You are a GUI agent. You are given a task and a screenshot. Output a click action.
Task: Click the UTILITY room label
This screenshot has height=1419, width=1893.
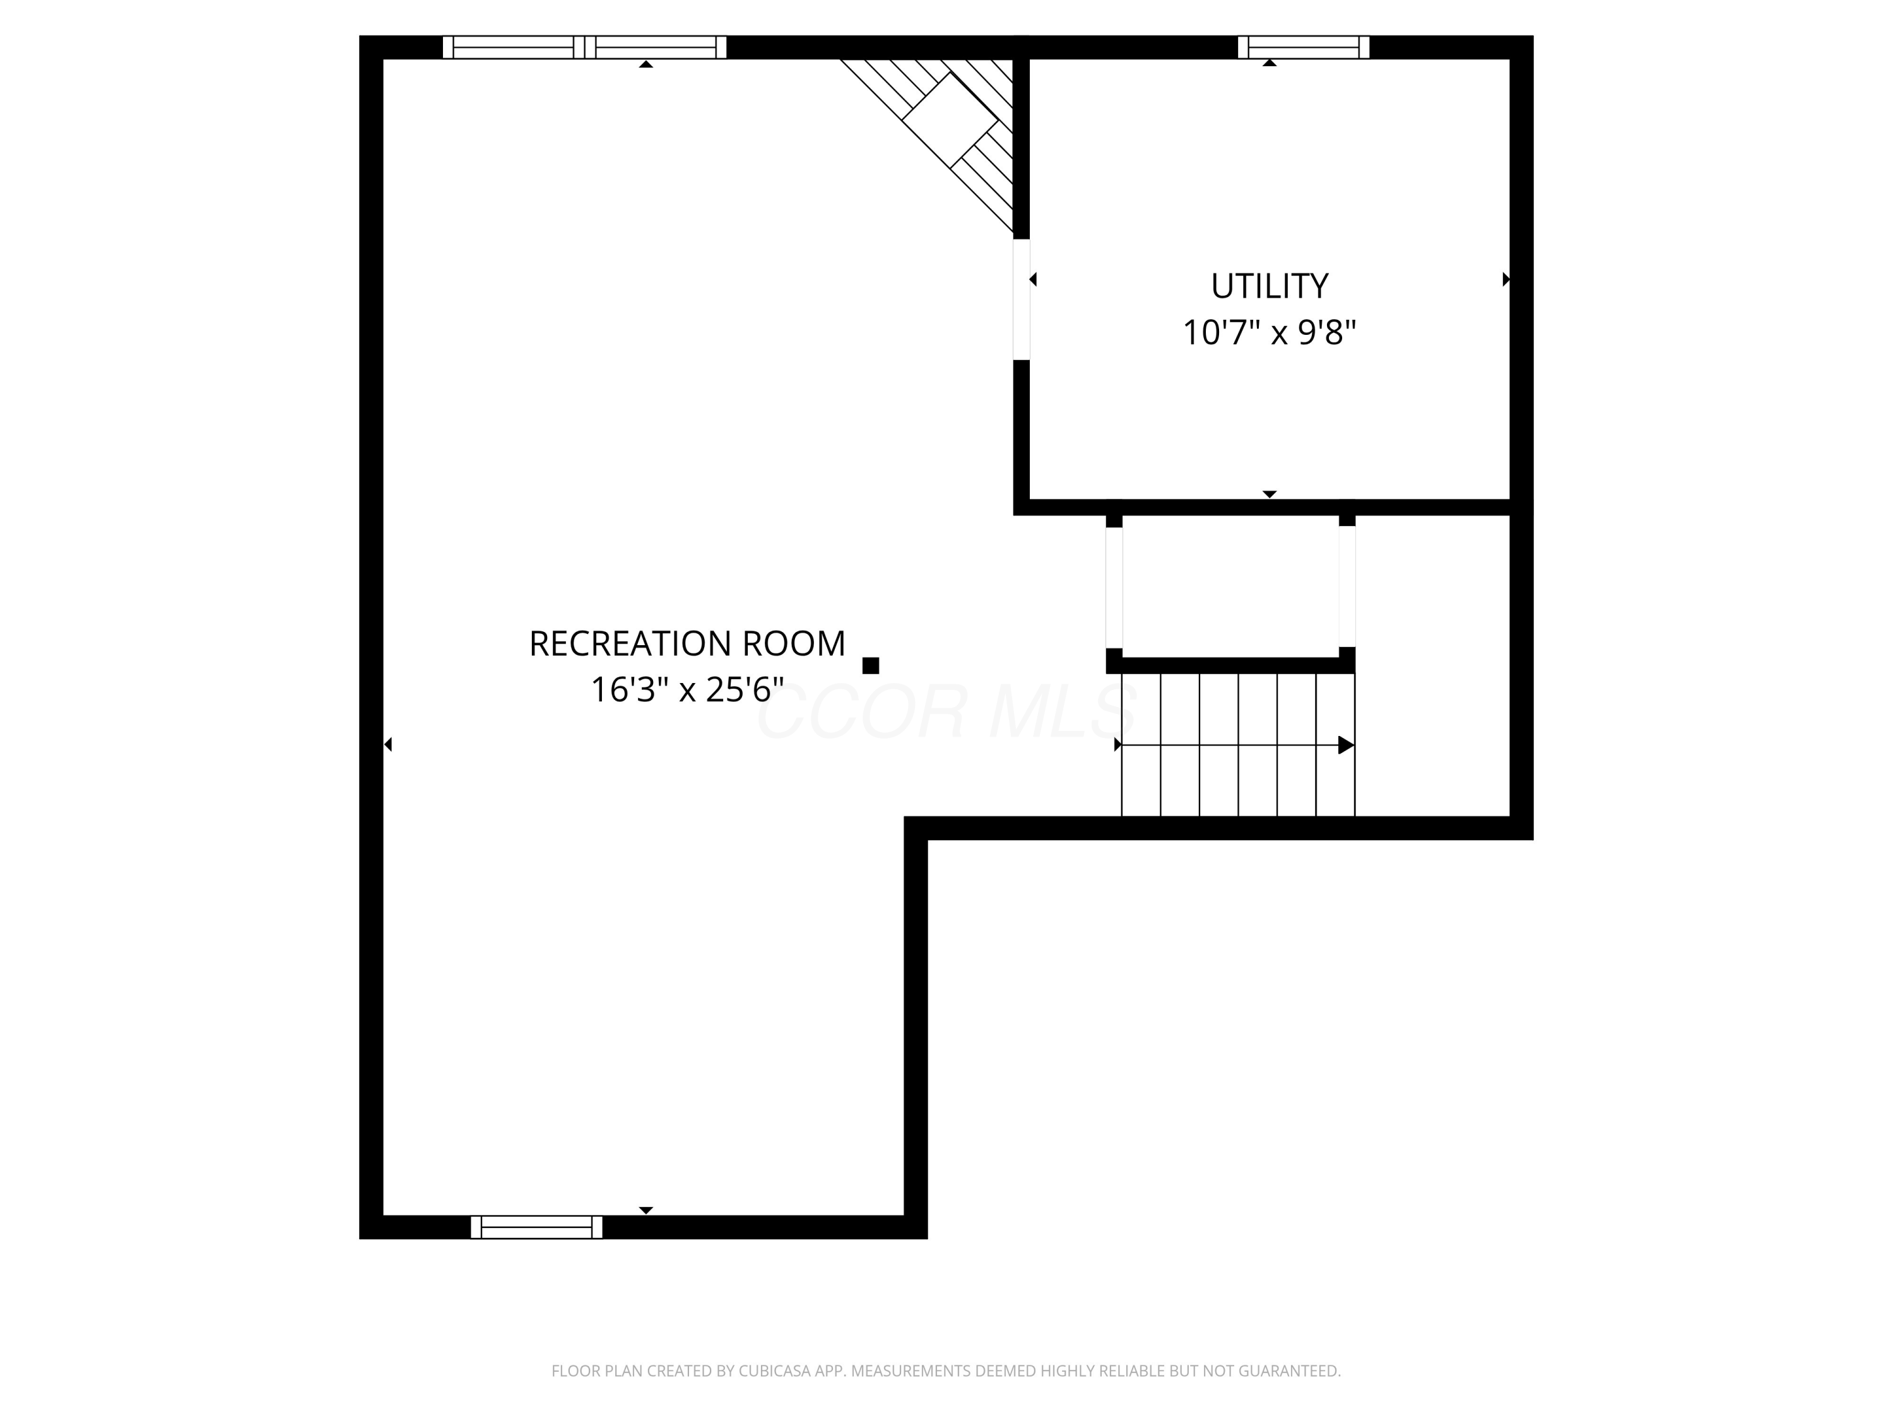pos(1269,286)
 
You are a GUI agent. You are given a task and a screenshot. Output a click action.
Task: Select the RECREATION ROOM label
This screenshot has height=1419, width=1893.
pos(687,643)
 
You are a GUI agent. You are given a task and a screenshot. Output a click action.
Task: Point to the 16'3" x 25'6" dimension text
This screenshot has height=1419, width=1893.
pos(687,689)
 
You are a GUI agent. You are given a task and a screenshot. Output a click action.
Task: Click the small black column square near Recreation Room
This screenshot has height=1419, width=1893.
pos(870,665)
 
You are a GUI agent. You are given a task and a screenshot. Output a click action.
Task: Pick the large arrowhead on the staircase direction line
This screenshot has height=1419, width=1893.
pos(1345,745)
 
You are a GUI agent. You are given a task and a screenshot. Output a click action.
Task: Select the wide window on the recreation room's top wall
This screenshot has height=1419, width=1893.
pos(584,47)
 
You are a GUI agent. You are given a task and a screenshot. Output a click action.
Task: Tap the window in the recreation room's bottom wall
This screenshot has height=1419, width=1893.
pos(536,1227)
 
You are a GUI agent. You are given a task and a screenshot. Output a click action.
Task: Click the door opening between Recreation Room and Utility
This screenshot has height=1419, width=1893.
pos(1021,300)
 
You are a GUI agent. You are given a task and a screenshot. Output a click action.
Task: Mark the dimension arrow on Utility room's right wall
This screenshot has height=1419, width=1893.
pos(1506,279)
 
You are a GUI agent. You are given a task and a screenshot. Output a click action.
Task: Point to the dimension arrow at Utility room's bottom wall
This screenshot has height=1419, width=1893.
pos(1269,494)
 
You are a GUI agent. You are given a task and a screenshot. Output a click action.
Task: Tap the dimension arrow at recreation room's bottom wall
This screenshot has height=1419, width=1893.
pos(646,1210)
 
